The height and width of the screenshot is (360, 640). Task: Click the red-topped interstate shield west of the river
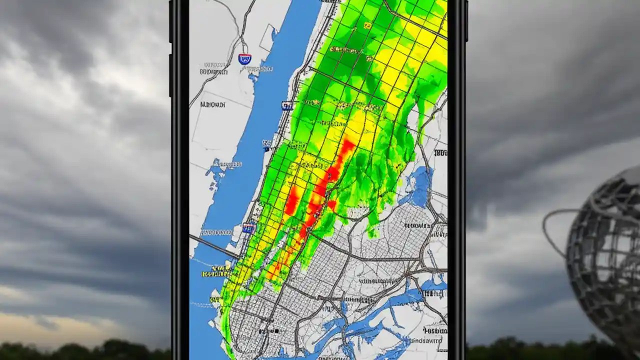[244, 59]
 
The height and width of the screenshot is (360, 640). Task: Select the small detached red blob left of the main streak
[291, 200]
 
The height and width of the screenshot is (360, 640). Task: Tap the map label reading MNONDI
[212, 105]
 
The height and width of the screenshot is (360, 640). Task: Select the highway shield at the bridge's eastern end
[248, 228]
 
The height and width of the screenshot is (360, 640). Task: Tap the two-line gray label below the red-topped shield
[213, 68]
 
